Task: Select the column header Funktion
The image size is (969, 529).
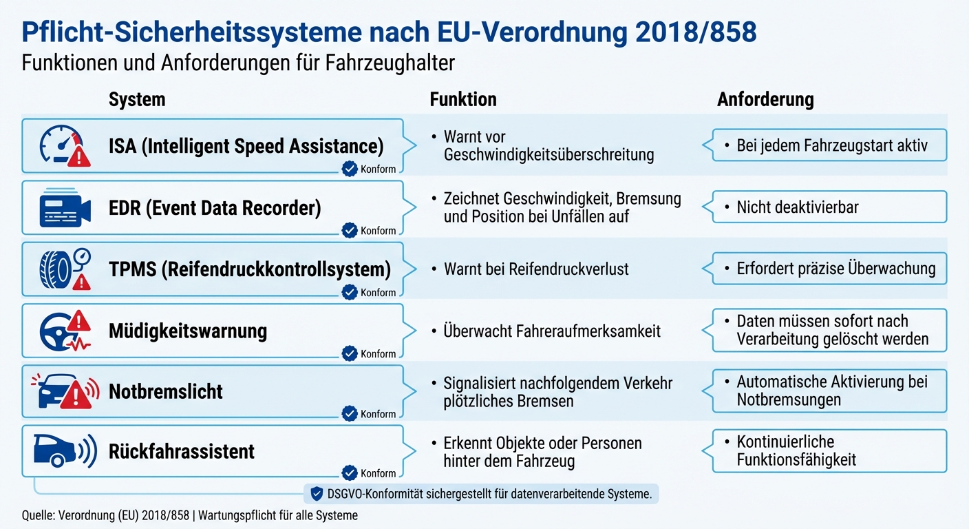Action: pos(462,100)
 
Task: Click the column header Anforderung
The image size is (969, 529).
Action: pos(765,100)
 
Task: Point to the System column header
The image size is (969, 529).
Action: pos(137,100)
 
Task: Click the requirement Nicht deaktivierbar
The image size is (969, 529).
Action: pos(797,207)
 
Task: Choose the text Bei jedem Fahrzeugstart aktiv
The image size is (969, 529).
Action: pos(831,146)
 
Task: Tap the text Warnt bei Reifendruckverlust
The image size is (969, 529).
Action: pos(535,269)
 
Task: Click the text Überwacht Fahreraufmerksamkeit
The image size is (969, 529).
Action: pos(551,331)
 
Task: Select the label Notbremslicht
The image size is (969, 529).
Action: pos(166,392)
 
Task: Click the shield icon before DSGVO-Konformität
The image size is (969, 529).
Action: pos(317,493)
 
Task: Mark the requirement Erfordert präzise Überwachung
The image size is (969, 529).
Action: pos(835,269)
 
